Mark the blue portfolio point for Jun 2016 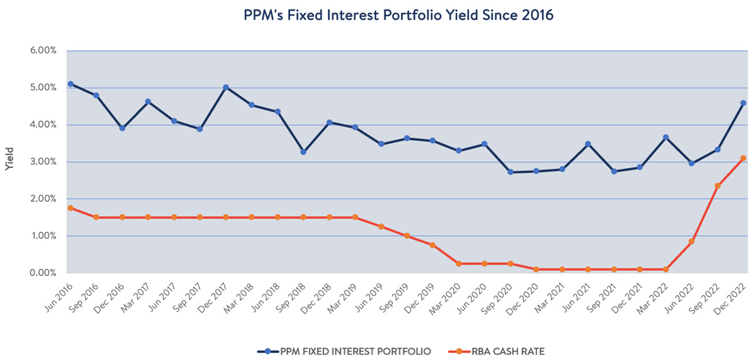point(70,84)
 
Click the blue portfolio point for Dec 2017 point(226,87)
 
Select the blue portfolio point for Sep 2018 point(304,152)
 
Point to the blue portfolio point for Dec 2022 point(743,103)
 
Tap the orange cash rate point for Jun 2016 point(70,208)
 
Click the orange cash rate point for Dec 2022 point(743,159)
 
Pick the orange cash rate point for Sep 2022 point(717,186)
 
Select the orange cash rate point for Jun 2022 point(691,242)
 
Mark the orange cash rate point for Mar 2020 point(459,264)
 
